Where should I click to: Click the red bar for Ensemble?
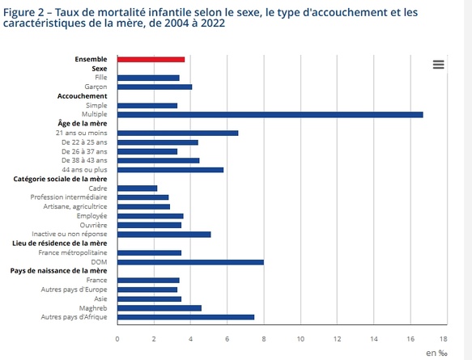151,59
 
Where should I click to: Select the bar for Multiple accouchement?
270,114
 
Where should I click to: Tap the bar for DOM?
190,261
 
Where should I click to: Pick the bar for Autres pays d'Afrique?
185,316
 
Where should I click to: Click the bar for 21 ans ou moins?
177,133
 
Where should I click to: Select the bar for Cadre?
137,188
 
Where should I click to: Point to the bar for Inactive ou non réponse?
164,234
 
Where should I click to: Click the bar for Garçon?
155,87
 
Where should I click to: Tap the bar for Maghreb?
159,307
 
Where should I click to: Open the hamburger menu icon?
438,65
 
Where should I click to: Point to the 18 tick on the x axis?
443,339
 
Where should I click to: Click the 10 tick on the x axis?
300,339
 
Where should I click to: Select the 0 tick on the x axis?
117,339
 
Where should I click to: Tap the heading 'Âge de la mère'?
84,123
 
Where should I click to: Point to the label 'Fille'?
101,78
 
